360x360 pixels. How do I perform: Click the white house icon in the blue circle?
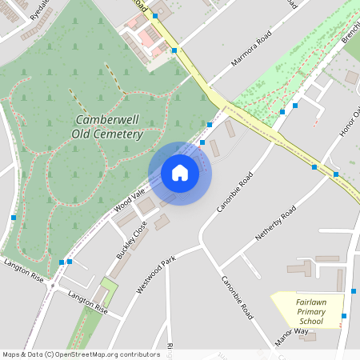point(180,173)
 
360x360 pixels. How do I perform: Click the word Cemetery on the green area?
point(118,134)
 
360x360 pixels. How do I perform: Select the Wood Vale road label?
point(127,197)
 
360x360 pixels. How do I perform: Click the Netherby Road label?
point(276,223)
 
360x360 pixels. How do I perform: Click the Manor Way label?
point(291,335)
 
